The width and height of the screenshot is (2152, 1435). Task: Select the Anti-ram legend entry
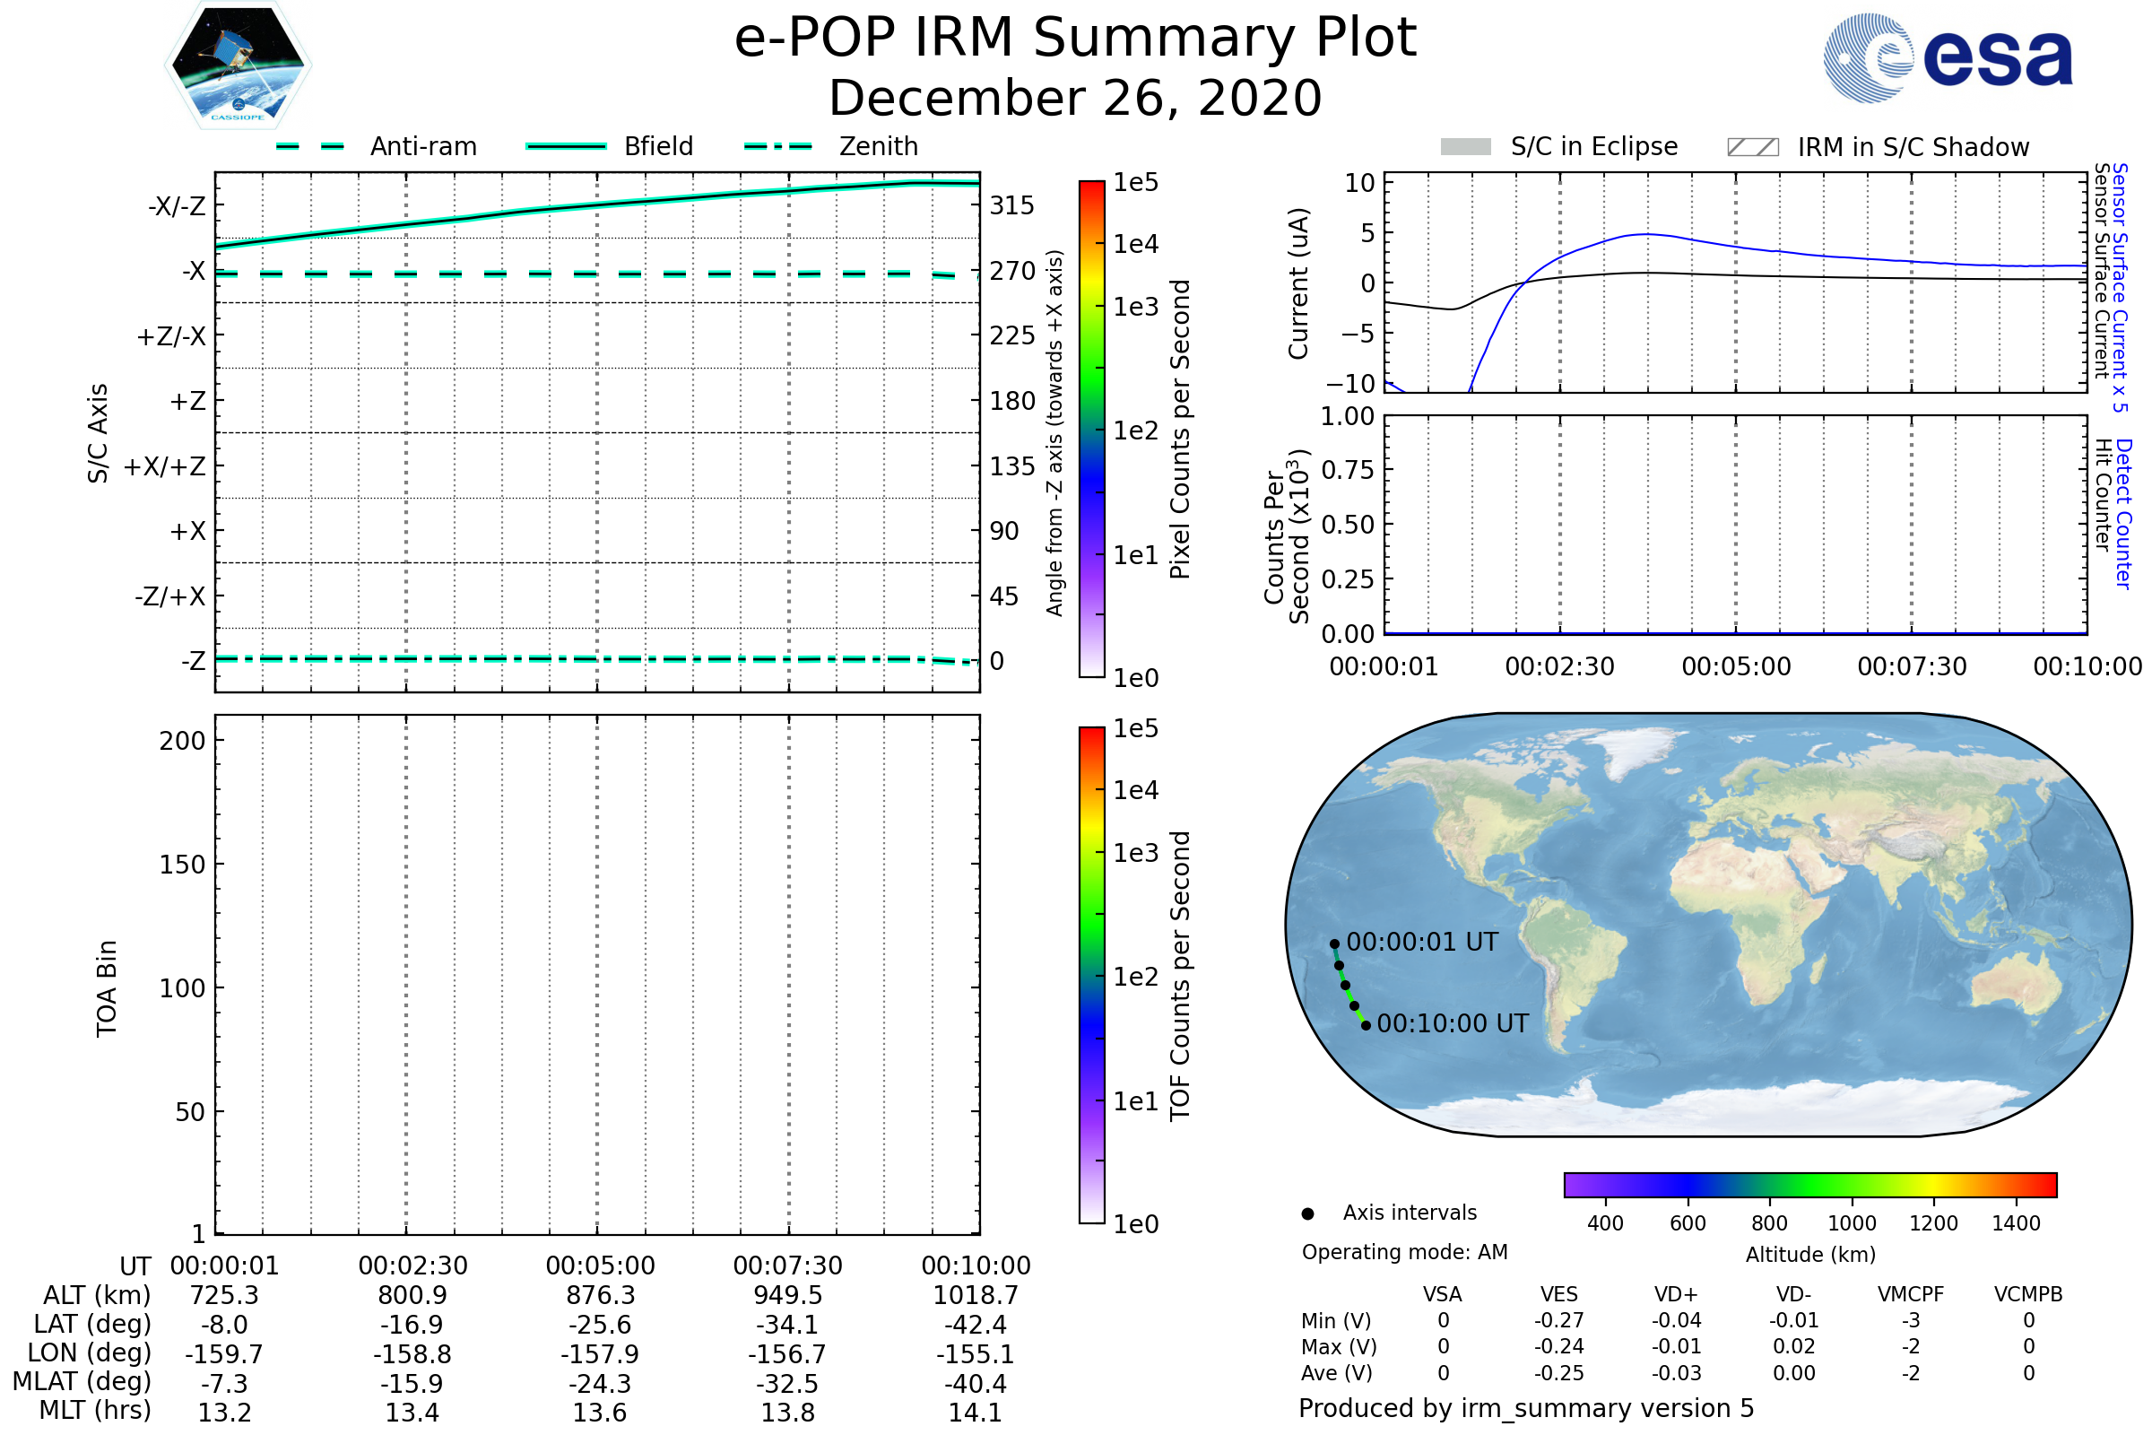pyautogui.click(x=422, y=146)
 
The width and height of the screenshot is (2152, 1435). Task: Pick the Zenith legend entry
pyautogui.click(x=878, y=146)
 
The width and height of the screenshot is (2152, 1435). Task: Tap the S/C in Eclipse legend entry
pyautogui.click(x=1593, y=146)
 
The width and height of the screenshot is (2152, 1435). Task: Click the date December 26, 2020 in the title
pyautogui.click(x=1075, y=98)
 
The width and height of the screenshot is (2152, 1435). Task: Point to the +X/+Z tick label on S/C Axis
pyautogui.click(x=165, y=466)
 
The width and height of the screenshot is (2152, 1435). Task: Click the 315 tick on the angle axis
pyautogui.click(x=1011, y=205)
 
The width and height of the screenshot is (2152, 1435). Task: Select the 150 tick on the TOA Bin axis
pyautogui.click(x=182, y=865)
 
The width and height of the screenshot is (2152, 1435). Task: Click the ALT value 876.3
pyautogui.click(x=600, y=1295)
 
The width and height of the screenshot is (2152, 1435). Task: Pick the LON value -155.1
pyautogui.click(x=976, y=1353)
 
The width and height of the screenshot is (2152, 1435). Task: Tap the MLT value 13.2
pyautogui.click(x=224, y=1412)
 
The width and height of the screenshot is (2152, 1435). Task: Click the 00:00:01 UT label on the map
pyautogui.click(x=1422, y=942)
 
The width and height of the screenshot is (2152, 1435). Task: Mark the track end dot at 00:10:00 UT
pyautogui.click(x=1366, y=1025)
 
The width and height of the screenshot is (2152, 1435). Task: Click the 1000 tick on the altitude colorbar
pyautogui.click(x=1851, y=1223)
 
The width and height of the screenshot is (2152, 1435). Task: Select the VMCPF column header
pyautogui.click(x=1911, y=1294)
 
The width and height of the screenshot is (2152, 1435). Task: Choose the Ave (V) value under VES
pyautogui.click(x=1559, y=1373)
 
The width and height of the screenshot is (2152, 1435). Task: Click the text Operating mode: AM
pyautogui.click(x=1404, y=1252)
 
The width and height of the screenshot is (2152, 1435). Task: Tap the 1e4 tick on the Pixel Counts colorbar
pyautogui.click(x=1135, y=244)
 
